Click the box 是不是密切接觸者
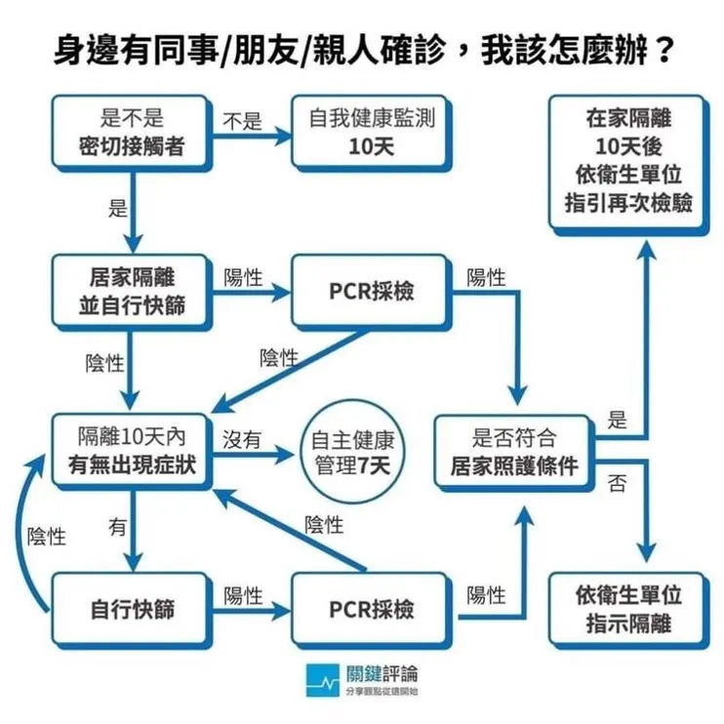click(x=132, y=133)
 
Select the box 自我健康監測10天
click(x=372, y=133)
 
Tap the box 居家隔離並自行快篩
click(x=132, y=292)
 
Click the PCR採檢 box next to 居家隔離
click(x=372, y=292)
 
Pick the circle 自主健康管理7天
click(x=352, y=453)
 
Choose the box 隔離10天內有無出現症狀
click(x=132, y=452)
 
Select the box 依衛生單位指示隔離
click(x=629, y=611)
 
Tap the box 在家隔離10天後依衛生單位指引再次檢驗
click(x=629, y=165)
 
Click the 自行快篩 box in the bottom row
click(x=132, y=611)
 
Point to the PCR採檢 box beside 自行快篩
click(x=372, y=611)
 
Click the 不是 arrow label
click(x=242, y=121)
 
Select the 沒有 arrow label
click(x=242, y=439)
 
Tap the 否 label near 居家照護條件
click(x=617, y=483)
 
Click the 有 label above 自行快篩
click(x=117, y=527)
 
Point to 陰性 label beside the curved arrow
click(x=47, y=537)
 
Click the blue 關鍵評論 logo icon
click(x=322, y=680)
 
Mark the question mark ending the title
click(x=664, y=50)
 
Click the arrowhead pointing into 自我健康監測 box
click(x=283, y=136)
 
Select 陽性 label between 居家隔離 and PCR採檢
click(x=243, y=277)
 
